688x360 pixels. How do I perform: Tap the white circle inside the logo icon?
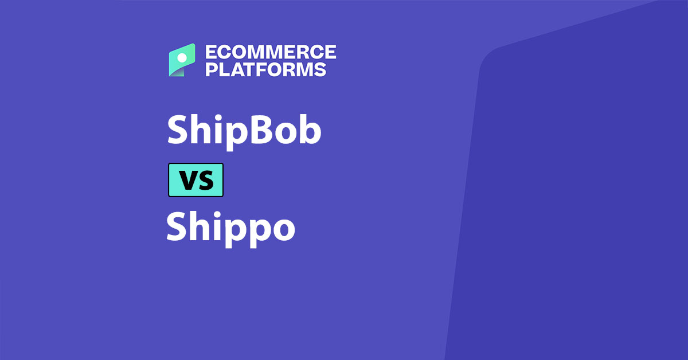pos(182,57)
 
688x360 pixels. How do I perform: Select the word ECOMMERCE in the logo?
pos(271,53)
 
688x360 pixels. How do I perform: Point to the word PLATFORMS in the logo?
pos(266,69)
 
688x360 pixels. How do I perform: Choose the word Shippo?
pos(230,227)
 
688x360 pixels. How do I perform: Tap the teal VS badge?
pos(196,180)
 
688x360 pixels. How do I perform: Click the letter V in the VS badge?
pos(187,181)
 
